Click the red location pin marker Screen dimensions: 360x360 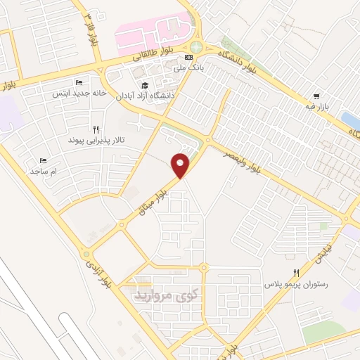click(x=181, y=165)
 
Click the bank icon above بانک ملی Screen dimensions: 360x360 click(x=188, y=58)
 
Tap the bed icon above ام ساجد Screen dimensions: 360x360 click(x=43, y=160)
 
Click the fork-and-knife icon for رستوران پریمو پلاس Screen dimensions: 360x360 click(x=296, y=273)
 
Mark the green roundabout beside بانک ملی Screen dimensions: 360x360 click(x=195, y=47)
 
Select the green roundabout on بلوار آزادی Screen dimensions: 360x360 click(x=86, y=254)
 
